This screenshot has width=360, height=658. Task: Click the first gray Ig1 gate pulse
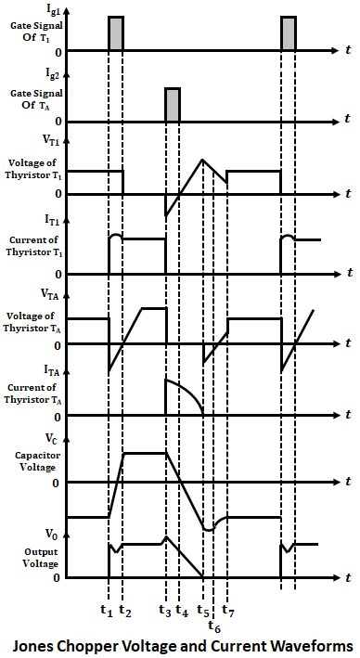coord(116,33)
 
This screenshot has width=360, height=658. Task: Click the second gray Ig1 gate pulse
coord(289,33)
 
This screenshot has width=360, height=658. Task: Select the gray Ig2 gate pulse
coord(173,105)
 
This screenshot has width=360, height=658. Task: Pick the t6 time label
coord(214,628)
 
